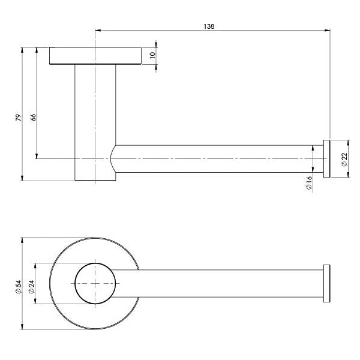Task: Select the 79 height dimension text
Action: click(19, 118)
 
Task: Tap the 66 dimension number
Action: click(34, 118)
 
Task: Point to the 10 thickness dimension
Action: click(152, 56)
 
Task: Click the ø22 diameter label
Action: click(344, 159)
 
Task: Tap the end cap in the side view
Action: click(327, 158)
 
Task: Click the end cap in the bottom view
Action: click(327, 283)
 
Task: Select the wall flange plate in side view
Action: click(95, 56)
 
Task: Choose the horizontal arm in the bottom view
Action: click(228, 283)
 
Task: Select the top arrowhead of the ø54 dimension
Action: click(23, 240)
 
